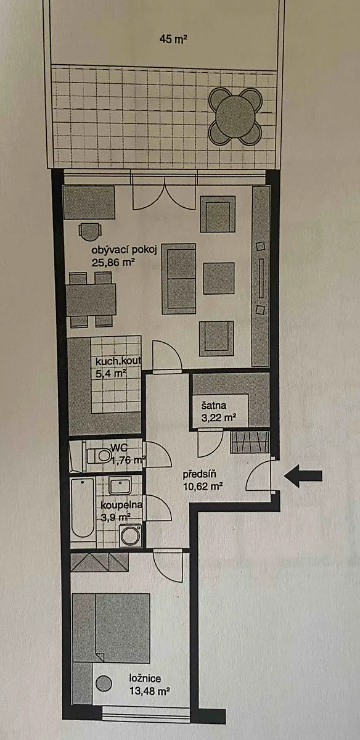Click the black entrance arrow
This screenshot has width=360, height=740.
click(x=303, y=476)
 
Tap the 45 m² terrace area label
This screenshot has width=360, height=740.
click(x=173, y=39)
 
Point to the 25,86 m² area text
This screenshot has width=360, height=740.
click(x=113, y=263)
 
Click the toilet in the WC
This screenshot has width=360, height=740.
click(x=99, y=456)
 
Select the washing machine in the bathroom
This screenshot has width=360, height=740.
click(x=130, y=535)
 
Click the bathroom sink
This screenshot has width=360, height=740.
click(x=120, y=485)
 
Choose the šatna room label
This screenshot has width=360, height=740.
click(x=214, y=405)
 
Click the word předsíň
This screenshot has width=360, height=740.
click(x=200, y=474)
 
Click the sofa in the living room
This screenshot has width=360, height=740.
click(x=179, y=279)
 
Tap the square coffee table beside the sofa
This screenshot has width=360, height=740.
click(x=219, y=278)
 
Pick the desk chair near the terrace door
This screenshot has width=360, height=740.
click(x=90, y=231)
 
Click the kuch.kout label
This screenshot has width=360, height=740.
click(x=118, y=361)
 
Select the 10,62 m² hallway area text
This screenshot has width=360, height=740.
click(x=202, y=487)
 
